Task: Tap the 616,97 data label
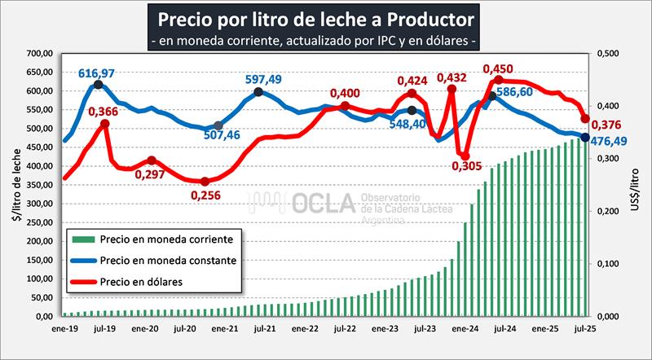tap(96, 73)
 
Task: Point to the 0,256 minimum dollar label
tap(207, 195)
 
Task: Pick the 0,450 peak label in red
tap(499, 69)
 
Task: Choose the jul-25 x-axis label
tap(584, 331)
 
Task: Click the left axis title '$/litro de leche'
tap(12, 184)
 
